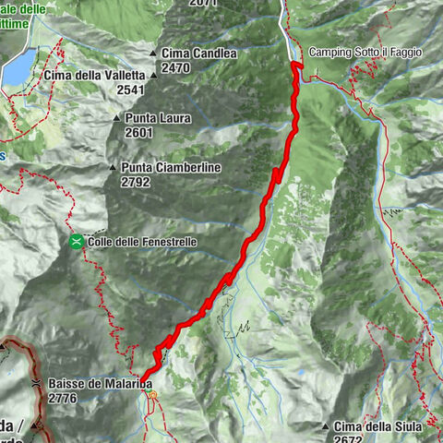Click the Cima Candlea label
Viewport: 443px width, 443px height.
point(199,54)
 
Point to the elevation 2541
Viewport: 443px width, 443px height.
point(133,90)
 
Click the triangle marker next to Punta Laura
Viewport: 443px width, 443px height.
point(116,118)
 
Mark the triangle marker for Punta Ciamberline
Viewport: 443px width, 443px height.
point(113,168)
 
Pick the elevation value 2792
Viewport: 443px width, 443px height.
point(136,182)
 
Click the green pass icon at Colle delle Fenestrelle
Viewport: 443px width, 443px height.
point(76,242)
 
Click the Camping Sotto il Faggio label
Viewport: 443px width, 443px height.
point(365,53)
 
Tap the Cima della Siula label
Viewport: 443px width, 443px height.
point(378,426)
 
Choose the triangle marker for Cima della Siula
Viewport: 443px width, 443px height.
point(326,426)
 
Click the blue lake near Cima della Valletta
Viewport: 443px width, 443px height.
point(17,67)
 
